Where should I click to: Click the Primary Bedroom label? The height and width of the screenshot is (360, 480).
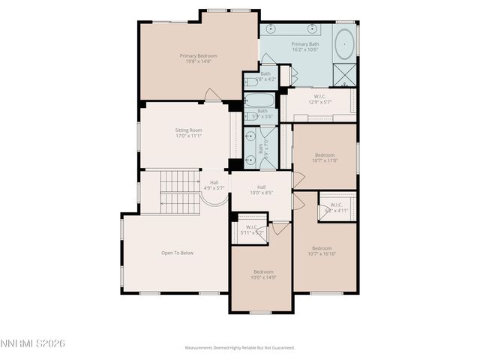tap(198, 59)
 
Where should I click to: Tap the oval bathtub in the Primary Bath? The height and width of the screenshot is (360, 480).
tap(346, 44)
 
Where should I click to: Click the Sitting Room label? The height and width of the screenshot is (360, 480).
tap(188, 133)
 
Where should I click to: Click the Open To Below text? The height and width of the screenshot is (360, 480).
tap(177, 253)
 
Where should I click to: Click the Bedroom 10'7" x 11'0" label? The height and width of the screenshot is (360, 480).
tap(325, 157)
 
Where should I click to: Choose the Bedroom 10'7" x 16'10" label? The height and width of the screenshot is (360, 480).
tap(322, 251)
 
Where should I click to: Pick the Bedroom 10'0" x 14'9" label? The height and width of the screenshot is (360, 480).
tap(262, 274)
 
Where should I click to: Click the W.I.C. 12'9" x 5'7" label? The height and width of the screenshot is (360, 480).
tap(319, 99)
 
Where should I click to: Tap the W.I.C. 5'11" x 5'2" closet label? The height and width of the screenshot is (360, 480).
tap(251, 230)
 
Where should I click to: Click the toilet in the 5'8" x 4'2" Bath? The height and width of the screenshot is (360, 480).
tap(250, 81)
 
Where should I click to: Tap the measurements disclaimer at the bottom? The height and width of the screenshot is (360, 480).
tap(240, 347)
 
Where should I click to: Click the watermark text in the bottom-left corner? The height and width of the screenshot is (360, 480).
tap(33, 343)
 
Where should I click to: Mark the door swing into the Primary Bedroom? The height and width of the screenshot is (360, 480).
tap(213, 95)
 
